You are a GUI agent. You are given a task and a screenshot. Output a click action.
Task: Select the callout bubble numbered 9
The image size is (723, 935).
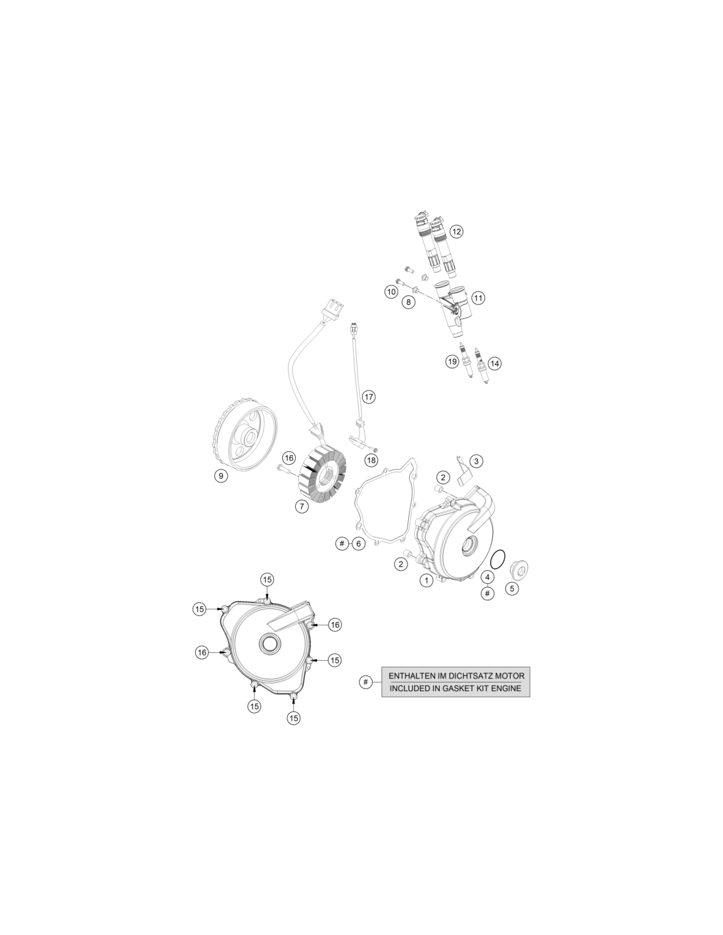pos(221,475)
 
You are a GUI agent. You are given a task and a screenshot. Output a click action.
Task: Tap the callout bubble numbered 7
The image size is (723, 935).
pos(302,506)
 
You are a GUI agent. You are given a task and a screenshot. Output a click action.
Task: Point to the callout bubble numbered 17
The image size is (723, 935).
pos(369,396)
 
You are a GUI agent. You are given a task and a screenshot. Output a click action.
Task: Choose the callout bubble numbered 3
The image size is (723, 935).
pos(476,462)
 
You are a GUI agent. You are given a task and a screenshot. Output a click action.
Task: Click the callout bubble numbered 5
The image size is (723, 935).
pos(512,588)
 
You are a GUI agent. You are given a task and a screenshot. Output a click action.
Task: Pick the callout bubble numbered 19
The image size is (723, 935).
pos(452,362)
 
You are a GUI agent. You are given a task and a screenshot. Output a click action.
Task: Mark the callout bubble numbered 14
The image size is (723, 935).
pos(495,364)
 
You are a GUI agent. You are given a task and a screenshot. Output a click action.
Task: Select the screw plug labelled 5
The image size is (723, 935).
pos(519,569)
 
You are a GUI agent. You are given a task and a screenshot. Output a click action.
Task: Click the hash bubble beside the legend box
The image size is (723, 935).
pos(365,682)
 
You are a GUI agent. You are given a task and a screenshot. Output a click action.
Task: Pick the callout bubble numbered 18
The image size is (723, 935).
pos(371,460)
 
